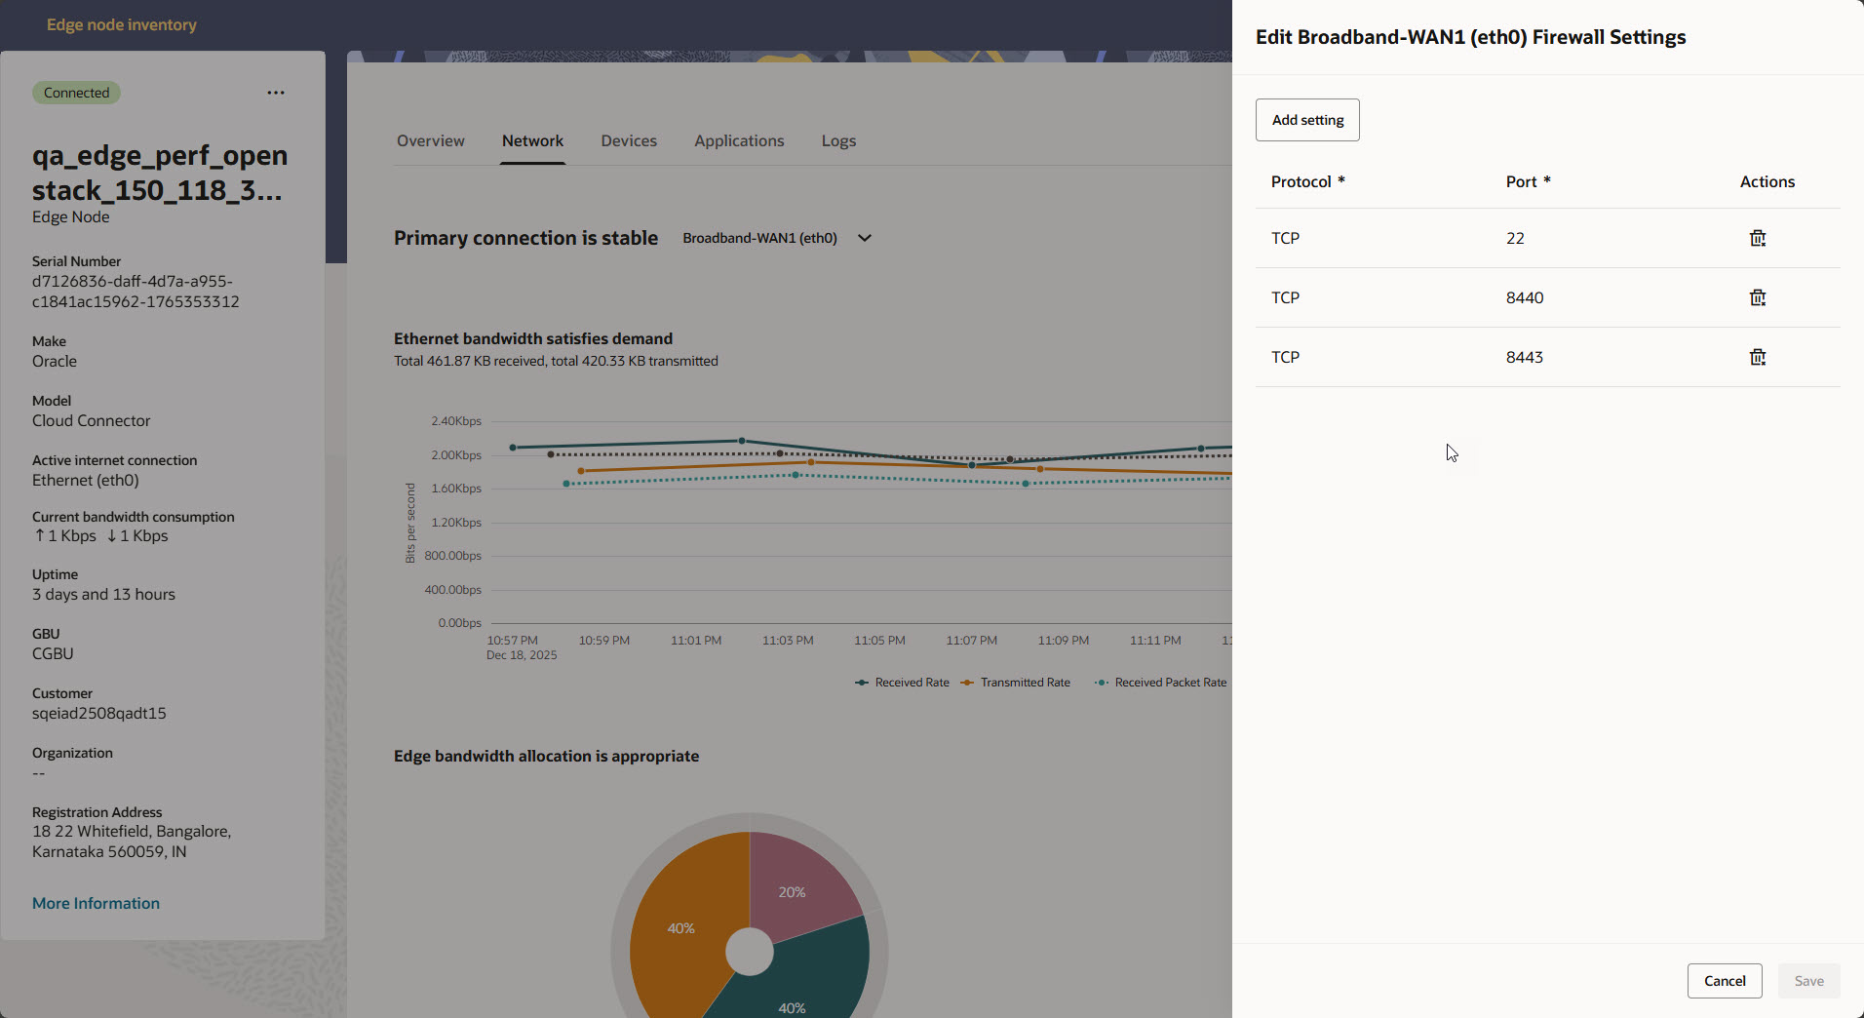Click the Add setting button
1307,120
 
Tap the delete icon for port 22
1757,238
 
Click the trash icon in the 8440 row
1757,297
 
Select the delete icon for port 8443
1757,357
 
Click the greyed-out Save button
1808,981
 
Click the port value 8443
1524,357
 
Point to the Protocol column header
1301,181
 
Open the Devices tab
629,140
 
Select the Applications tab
739,140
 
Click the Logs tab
838,140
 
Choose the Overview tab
430,140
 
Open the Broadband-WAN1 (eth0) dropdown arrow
864,238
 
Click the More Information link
96,903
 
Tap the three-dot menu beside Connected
276,93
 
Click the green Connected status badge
76,93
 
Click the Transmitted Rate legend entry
1024,683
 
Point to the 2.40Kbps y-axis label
456,421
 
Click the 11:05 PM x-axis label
879,641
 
